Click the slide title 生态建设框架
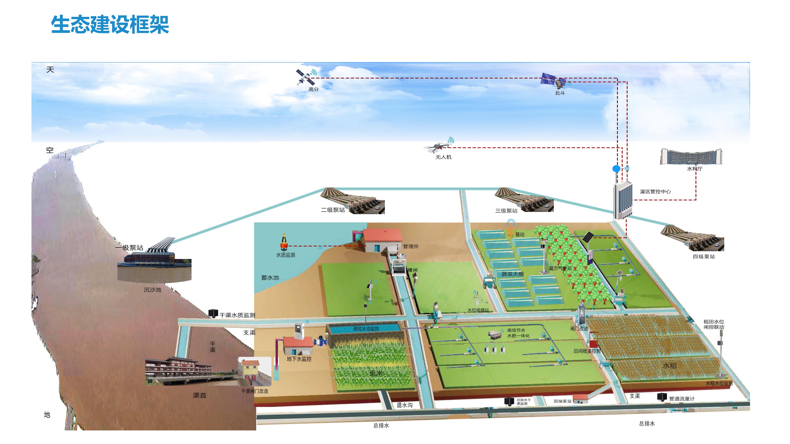[x=110, y=25]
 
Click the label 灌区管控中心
[x=655, y=191]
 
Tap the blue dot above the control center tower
[x=616, y=169]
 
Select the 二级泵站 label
[x=333, y=210]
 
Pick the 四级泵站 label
[x=704, y=257]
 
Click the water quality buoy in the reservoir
[x=284, y=242]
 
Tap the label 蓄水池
[x=270, y=278]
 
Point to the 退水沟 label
[x=404, y=405]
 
